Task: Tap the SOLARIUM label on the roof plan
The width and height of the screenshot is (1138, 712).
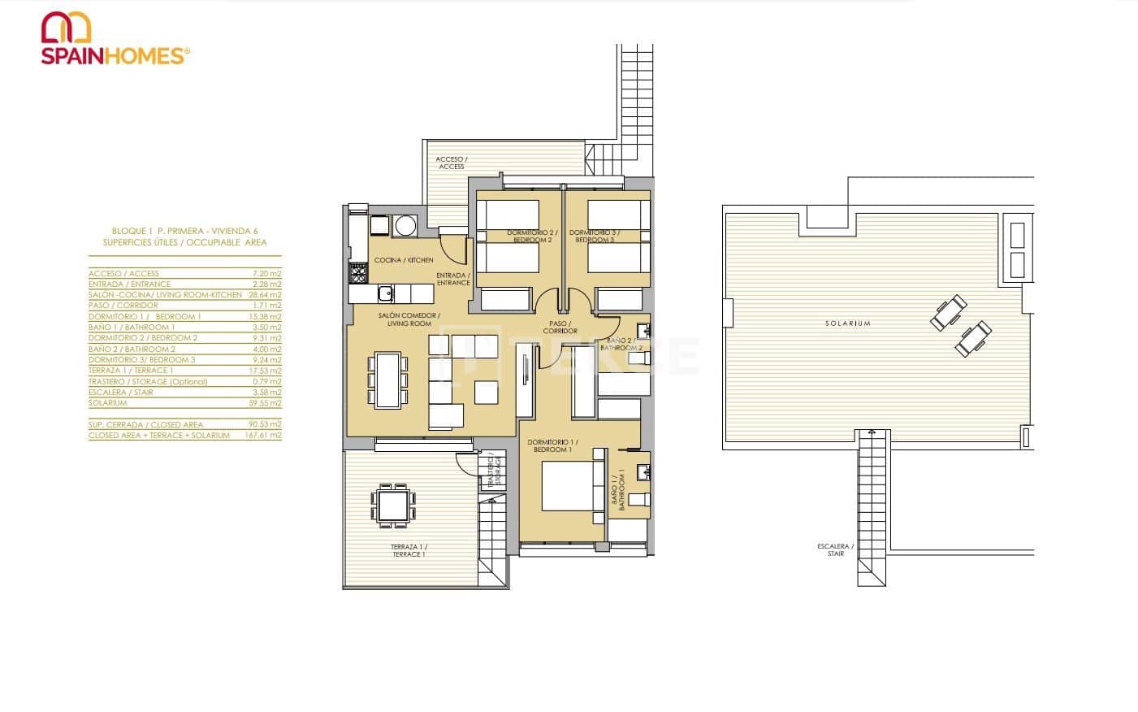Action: click(847, 323)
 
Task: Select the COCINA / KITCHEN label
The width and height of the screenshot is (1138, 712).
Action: click(404, 260)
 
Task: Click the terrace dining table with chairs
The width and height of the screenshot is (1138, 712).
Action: click(393, 505)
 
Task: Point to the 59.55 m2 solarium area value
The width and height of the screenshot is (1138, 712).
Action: click(266, 403)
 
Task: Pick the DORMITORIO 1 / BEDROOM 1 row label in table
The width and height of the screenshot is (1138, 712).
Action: click(145, 316)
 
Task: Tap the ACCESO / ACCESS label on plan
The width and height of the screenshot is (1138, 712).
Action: click(451, 163)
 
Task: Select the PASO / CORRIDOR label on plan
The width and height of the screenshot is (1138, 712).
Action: click(560, 327)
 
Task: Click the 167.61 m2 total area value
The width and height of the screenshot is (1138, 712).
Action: click(265, 436)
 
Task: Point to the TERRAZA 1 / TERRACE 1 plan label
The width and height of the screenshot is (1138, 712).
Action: click(407, 550)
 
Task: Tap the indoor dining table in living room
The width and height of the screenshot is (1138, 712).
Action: click(387, 379)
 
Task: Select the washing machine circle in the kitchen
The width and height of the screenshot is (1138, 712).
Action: click(405, 224)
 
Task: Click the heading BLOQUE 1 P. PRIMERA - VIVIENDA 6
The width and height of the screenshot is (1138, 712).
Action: click(184, 231)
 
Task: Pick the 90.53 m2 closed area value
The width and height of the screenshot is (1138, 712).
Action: click(266, 424)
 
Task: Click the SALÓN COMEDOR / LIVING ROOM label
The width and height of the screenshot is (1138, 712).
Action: click(409, 319)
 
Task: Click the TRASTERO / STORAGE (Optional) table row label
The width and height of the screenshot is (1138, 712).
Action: click(148, 381)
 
